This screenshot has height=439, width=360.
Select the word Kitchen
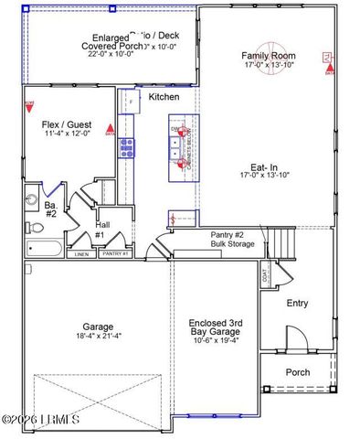pyautogui.click(x=164, y=97)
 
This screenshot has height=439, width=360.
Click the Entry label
pyautogui.click(x=298, y=304)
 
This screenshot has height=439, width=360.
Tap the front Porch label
pyautogui.click(x=298, y=372)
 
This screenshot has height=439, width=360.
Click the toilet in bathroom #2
pyautogui.click(x=29, y=228)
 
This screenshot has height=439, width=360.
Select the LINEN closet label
pyautogui.click(x=80, y=254)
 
